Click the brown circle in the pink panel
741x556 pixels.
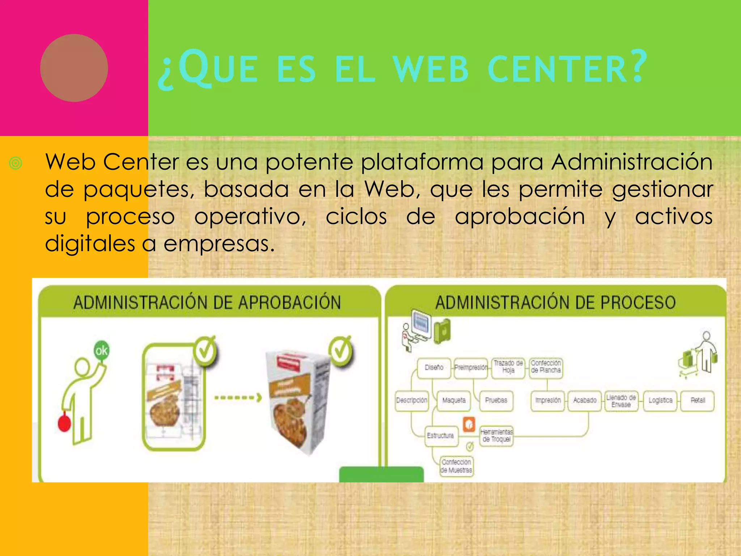[74, 68]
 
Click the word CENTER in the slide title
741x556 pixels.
[566, 68]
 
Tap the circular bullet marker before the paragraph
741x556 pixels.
[16, 163]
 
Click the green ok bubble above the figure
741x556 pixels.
[101, 350]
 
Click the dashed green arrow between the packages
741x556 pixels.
[238, 398]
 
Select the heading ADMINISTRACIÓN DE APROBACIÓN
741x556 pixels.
[207, 303]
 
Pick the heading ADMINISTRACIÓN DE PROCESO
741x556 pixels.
[555, 303]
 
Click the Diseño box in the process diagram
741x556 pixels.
[434, 368]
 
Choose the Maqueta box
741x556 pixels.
[454, 400]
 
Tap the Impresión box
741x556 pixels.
[548, 400]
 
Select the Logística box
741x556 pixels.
[660, 400]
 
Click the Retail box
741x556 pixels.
[698, 400]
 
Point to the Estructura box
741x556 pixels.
[440, 435]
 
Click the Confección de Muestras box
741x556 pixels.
[456, 466]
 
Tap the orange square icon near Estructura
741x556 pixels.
[469, 424]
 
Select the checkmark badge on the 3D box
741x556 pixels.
[340, 351]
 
